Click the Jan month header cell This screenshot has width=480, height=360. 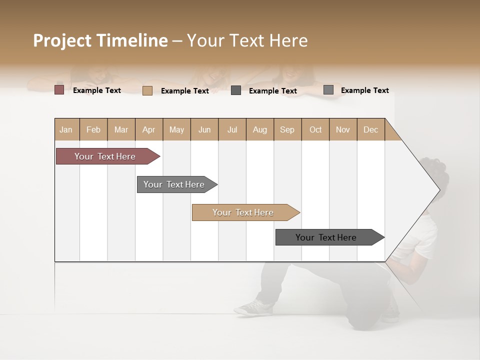[x=66, y=129]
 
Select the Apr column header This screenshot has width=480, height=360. [x=149, y=129]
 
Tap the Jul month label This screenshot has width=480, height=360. [x=232, y=129]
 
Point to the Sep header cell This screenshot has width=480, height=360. [x=287, y=129]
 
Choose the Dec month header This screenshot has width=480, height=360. [x=370, y=129]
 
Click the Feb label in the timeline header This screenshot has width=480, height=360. [x=93, y=129]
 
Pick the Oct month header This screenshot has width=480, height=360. [x=315, y=129]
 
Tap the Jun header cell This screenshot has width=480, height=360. [x=204, y=129]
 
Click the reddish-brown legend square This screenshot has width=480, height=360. [x=59, y=90]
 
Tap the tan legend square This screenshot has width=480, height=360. [x=147, y=90]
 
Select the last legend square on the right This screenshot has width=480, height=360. [x=328, y=90]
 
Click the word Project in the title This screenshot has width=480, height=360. [x=62, y=40]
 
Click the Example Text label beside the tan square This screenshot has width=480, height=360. [x=184, y=91]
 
